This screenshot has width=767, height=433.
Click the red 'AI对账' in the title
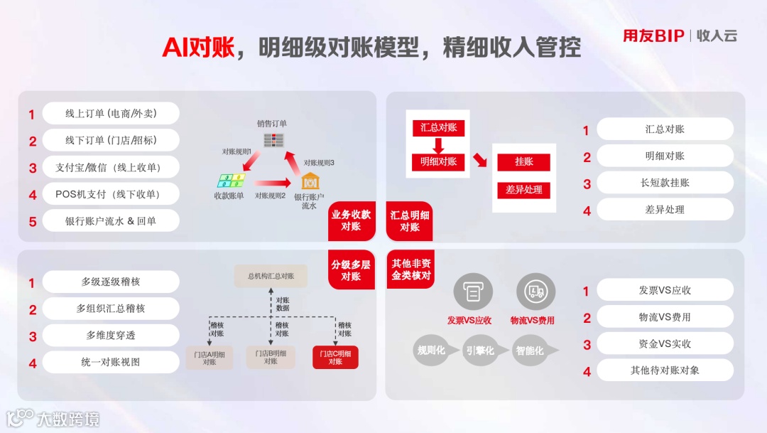[196, 47]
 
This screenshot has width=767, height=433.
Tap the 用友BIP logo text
[653, 36]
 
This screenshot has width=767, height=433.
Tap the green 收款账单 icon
[229, 181]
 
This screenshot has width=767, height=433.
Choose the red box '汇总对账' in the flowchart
[438, 128]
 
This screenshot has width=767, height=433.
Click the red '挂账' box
[524, 162]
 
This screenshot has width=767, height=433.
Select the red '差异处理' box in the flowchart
[524, 190]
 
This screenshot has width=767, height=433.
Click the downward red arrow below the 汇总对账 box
[438, 145]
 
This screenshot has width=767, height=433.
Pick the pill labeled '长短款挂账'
[665, 183]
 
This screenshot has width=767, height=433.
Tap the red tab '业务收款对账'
[351, 220]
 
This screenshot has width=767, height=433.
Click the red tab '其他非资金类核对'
[410, 269]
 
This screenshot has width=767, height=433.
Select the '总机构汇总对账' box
[271, 276]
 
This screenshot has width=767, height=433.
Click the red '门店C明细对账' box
[335, 357]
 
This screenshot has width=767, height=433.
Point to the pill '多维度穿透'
[111, 336]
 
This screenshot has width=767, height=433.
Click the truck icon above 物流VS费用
[533, 291]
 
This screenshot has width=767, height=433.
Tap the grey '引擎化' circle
[479, 351]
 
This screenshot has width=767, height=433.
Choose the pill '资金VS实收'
[665, 344]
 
